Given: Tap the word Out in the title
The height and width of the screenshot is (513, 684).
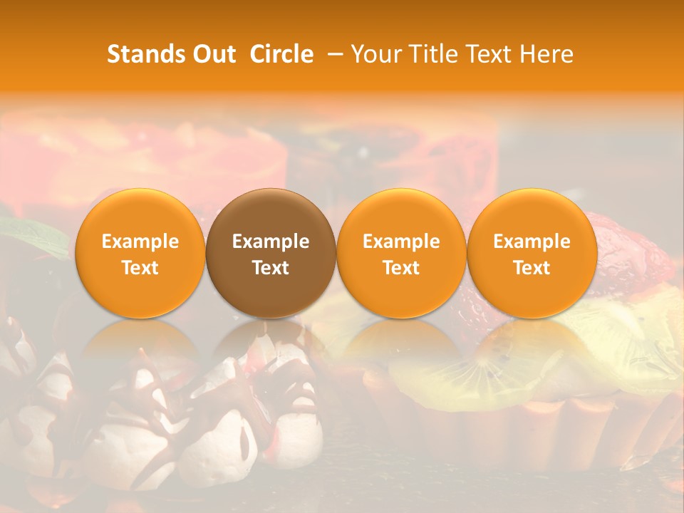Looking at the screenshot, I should tap(214, 54).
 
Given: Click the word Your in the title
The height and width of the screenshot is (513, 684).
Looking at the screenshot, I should tap(375, 54).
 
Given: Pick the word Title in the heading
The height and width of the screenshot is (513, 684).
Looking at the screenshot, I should tap(432, 54).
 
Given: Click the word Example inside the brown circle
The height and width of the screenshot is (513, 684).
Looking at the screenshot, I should tap(271, 242).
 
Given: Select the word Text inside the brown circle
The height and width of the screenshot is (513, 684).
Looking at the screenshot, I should tap(271, 268).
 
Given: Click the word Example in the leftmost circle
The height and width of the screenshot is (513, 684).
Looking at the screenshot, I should tap(140, 242).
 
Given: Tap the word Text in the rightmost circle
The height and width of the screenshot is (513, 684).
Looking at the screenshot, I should tap(532, 268).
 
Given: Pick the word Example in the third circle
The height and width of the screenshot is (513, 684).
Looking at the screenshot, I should tap(401, 242).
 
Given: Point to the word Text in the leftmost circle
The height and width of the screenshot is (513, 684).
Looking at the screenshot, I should tap(140, 268).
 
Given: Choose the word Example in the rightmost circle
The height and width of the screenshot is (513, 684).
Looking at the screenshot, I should tap(532, 242).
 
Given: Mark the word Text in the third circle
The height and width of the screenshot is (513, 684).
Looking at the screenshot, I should tap(401, 268).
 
